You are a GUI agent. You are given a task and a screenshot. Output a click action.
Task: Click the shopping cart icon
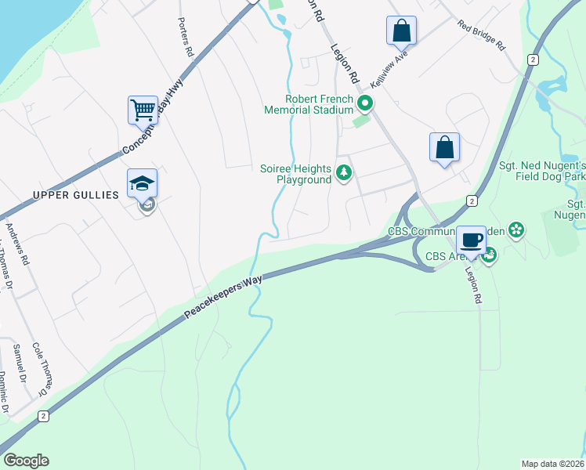143,110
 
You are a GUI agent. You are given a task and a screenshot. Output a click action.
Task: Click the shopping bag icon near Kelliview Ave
401,31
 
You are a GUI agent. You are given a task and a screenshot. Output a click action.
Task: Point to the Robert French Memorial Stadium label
320,104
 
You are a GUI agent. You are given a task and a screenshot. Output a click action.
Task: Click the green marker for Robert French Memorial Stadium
364,103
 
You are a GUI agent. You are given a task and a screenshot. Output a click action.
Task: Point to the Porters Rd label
185,38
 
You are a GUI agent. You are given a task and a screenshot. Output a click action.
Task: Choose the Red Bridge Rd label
482,35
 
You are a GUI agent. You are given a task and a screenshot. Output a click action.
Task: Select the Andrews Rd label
17,244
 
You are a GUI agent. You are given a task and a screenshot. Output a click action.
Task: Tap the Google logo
27,461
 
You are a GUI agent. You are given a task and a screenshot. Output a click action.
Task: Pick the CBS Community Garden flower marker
515,230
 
